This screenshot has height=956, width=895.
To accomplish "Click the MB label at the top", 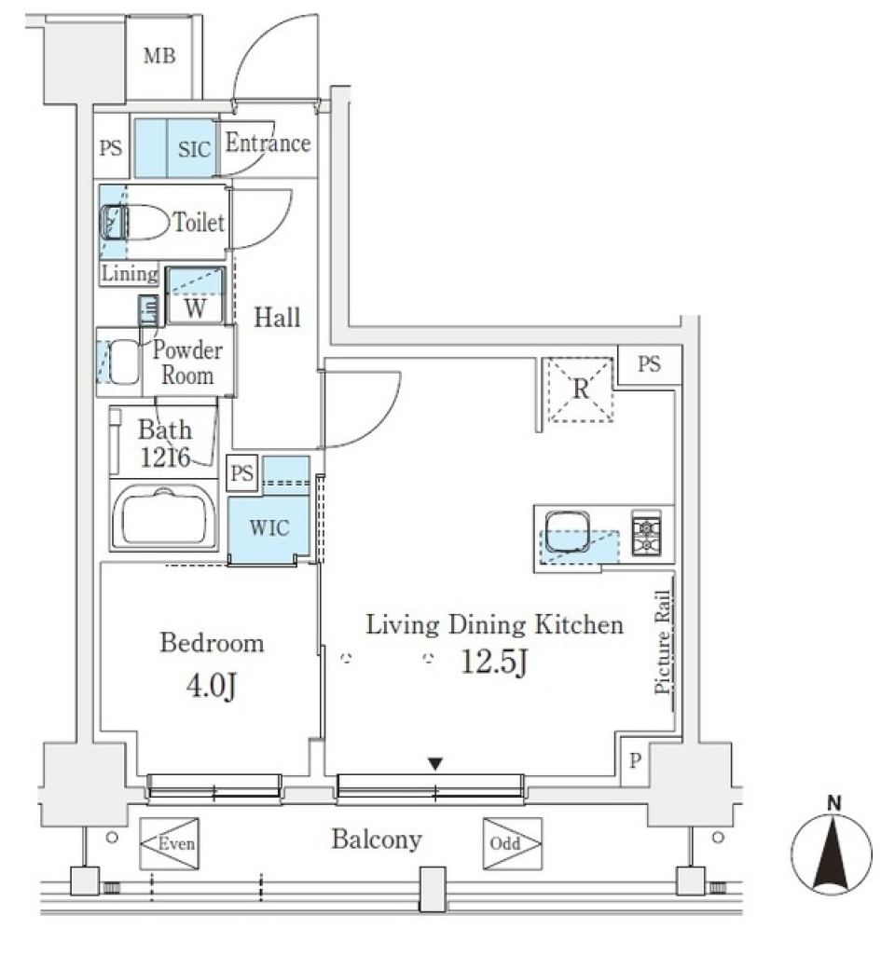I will point(158,57).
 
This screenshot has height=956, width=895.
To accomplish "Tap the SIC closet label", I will point(193,148).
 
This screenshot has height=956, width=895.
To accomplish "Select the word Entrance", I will point(268,143).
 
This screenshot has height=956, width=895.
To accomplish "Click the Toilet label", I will point(198,223).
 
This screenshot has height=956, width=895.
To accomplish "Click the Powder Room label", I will point(187,363).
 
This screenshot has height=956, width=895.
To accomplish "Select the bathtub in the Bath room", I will point(163,517).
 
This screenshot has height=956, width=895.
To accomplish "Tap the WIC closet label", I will point(268,527).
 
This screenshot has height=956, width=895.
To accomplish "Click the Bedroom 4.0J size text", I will point(211,689).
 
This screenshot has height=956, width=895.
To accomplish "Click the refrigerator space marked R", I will point(580,389).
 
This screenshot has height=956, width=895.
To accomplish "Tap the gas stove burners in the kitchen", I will point(645,533).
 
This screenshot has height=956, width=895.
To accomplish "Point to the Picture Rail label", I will point(664,643).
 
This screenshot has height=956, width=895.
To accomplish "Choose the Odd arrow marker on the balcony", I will point(512,844).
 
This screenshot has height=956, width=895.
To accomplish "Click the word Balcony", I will point(377,840).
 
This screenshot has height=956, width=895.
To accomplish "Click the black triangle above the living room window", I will point(434,765).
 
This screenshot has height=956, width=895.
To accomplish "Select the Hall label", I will point(278,318).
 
